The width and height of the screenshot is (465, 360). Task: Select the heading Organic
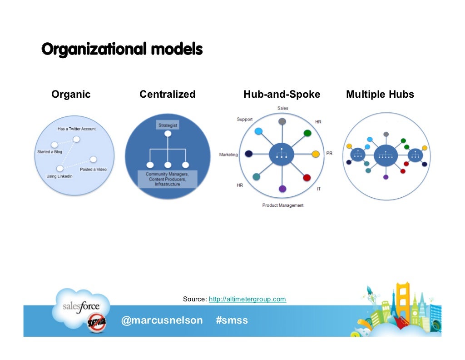tap(71, 95)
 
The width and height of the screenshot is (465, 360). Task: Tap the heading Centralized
tap(167, 95)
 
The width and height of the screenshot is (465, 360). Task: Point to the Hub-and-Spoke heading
tap(282, 95)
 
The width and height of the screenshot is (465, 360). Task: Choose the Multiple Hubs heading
tap(380, 95)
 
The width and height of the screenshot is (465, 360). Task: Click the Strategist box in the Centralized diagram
tap(168, 124)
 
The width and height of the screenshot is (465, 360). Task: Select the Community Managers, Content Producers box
tap(167, 179)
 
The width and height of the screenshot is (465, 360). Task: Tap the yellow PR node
tap(316, 154)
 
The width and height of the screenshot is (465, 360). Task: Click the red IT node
tap(307, 178)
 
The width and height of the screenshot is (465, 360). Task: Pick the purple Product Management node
tap(282, 188)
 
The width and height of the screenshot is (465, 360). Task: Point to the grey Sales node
tap(282, 121)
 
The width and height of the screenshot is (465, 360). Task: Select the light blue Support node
tap(258, 131)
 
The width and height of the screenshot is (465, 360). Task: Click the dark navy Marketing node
tap(248, 154)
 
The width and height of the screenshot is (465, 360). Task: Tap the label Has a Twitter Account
tap(76, 129)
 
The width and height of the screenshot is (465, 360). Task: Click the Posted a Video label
tap(93, 170)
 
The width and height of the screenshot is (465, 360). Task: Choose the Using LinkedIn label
tap(59, 176)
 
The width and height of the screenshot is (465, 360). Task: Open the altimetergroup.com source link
tap(247, 299)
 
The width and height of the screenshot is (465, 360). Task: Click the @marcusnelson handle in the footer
tap(162, 320)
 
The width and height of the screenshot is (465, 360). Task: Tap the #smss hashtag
tap(232, 320)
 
